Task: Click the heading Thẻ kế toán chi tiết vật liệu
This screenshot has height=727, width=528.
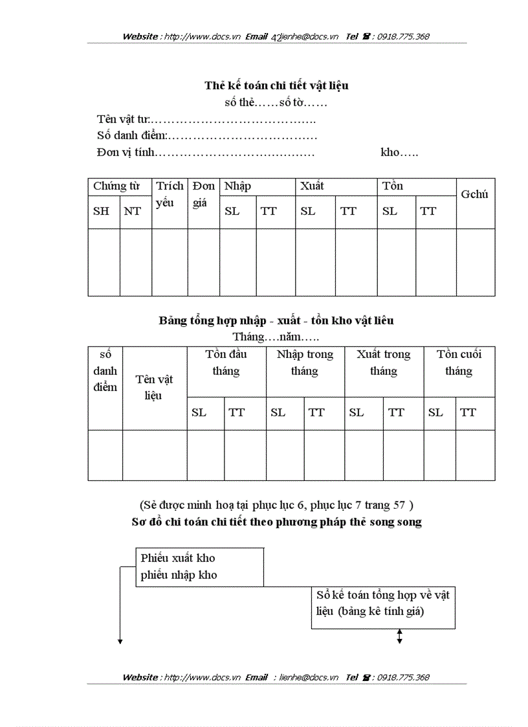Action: pos(277,85)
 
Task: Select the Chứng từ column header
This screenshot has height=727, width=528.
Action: pos(116,186)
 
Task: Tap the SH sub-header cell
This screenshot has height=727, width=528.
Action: pos(102,211)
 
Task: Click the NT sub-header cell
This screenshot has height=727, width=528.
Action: pos(133,211)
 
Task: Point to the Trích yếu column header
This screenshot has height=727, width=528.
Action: pos(170,194)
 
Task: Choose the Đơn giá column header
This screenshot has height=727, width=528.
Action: pos(204,194)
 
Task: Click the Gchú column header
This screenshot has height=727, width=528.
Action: pos(474,194)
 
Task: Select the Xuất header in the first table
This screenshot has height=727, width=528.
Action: pos(311,186)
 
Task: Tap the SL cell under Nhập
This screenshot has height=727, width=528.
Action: pos(232,211)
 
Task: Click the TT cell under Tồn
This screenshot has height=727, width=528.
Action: pos(428,211)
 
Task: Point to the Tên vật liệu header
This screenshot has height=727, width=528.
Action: pos(155,387)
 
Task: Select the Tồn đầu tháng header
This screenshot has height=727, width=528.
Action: pos(226,363)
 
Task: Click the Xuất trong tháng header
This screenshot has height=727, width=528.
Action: pos(384,363)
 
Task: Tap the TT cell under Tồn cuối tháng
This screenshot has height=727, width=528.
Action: pos(468,413)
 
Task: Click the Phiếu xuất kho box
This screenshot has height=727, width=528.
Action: pos(199,566)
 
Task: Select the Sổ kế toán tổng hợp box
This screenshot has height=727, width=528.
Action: pos(383,603)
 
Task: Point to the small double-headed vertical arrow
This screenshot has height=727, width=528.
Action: pos(399,637)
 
